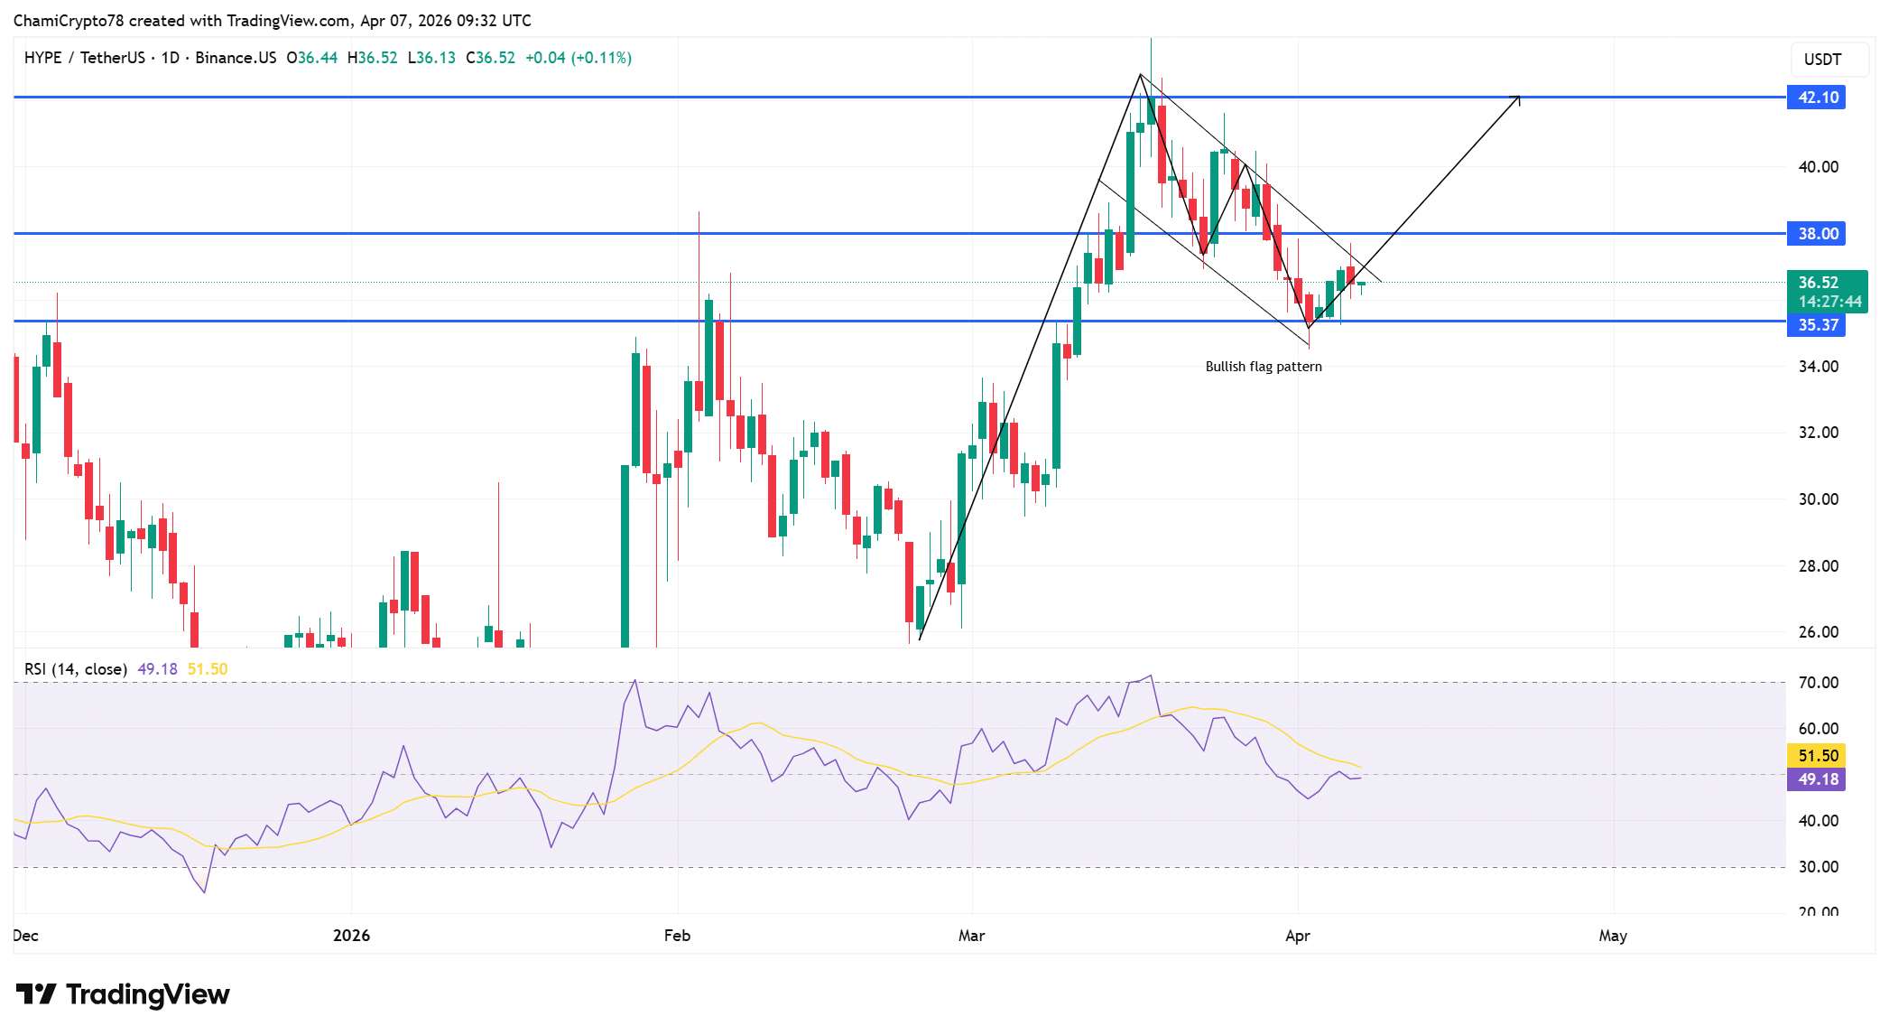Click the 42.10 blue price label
pyautogui.click(x=1816, y=98)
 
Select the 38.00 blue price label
pyautogui.click(x=1816, y=234)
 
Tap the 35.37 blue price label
pyautogui.click(x=1816, y=325)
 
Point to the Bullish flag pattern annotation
pyautogui.click(x=1263, y=367)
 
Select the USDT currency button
pyautogui.click(x=1822, y=60)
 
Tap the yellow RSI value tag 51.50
pyautogui.click(x=1816, y=755)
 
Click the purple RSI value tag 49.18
pyautogui.click(x=1816, y=779)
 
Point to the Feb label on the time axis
pyautogui.click(x=677, y=936)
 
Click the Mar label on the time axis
pyautogui.click(x=971, y=936)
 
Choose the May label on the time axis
pyautogui.click(x=1612, y=936)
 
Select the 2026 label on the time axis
pyautogui.click(x=351, y=936)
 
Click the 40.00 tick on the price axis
pyautogui.click(x=1818, y=167)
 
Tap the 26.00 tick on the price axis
pyautogui.click(x=1818, y=632)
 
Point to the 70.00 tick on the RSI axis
pyautogui.click(x=1818, y=683)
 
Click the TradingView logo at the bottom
pyautogui.click(x=123, y=994)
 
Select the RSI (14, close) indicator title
pyautogui.click(x=76, y=669)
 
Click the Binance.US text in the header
pyautogui.click(x=236, y=58)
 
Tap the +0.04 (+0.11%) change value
pyautogui.click(x=579, y=58)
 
